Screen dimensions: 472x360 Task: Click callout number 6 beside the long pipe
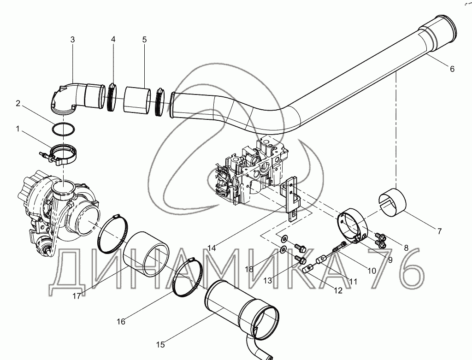(452, 69)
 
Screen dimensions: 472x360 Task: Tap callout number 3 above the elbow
(72, 40)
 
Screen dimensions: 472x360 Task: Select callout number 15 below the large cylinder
(160, 344)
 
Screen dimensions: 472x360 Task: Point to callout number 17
(77, 296)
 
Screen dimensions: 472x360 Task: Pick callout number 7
(440, 231)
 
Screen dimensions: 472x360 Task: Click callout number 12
(339, 291)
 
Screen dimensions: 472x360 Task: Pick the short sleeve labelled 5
(137, 100)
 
